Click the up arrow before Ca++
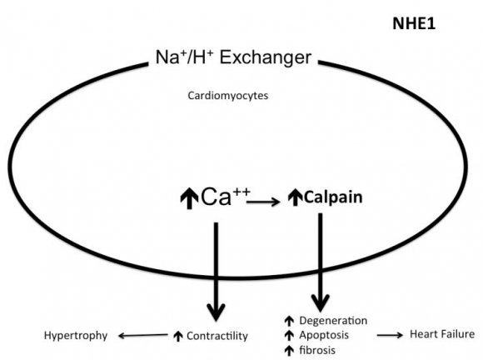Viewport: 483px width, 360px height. (189, 199)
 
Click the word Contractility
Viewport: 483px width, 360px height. (218, 336)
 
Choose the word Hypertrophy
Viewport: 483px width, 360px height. (76, 336)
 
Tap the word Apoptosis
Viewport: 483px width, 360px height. (326, 335)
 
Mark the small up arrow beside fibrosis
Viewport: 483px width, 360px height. (288, 350)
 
